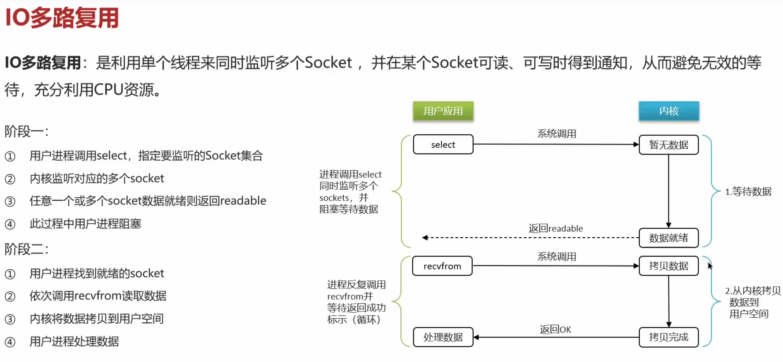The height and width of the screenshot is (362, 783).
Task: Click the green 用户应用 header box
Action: [x=443, y=111]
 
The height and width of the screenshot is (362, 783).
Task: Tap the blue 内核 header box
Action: [x=669, y=111]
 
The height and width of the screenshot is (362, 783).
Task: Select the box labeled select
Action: [x=443, y=145]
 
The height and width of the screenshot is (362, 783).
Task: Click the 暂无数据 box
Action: [x=669, y=145]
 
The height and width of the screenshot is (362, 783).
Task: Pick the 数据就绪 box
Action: [x=669, y=238]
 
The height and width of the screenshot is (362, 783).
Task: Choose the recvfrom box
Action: [x=442, y=266]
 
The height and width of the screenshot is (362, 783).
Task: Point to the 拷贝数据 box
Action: [x=669, y=266]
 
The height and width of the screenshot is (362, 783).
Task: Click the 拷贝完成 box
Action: [x=669, y=337]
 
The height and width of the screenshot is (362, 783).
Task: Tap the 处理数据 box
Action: [x=443, y=337]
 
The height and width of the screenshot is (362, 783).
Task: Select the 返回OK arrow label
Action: [x=555, y=329]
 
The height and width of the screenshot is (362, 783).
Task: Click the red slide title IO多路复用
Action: [x=62, y=18]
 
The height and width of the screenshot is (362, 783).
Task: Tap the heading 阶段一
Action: [x=26, y=132]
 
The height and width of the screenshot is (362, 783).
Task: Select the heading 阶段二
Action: [x=26, y=249]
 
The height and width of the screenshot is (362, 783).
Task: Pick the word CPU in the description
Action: [x=109, y=90]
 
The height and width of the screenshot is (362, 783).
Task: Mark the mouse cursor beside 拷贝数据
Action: [x=710, y=266]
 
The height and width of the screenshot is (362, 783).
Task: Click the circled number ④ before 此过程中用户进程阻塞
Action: [x=10, y=224]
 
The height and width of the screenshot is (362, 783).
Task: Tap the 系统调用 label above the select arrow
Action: [x=557, y=134]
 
